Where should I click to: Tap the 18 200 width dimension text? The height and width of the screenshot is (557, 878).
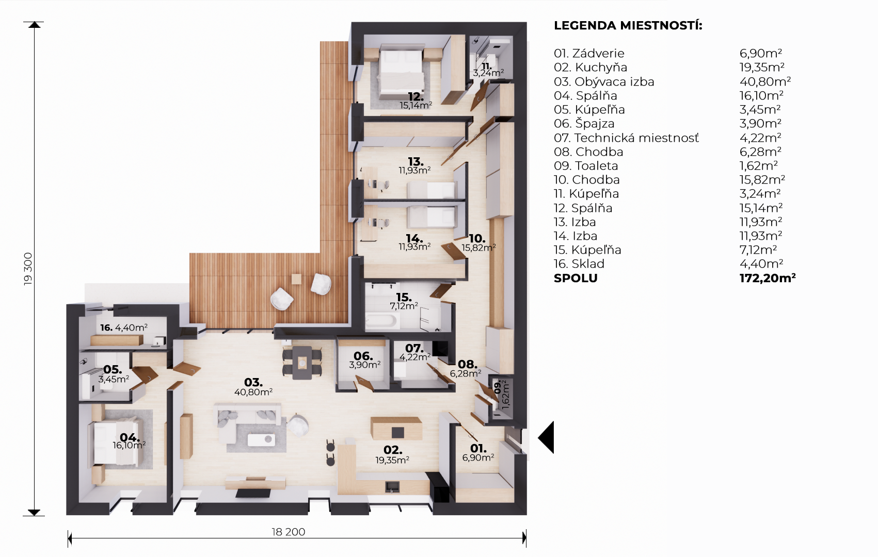(x=288, y=532)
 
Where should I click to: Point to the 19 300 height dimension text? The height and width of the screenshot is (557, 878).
(x=28, y=269)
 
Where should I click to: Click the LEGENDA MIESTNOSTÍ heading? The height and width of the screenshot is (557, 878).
(x=628, y=25)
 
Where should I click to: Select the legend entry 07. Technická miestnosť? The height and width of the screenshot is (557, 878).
(x=626, y=138)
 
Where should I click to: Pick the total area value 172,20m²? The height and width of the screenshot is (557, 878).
(x=768, y=277)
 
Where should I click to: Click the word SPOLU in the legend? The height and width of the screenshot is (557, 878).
(x=576, y=278)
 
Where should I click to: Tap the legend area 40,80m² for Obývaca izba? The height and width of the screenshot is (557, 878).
(x=765, y=81)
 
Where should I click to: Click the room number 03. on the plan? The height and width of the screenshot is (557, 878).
(x=253, y=382)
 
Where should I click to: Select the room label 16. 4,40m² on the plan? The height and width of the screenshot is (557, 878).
(x=124, y=327)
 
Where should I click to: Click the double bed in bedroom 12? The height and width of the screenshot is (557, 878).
(x=401, y=73)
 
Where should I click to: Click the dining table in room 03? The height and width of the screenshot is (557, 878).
(x=302, y=363)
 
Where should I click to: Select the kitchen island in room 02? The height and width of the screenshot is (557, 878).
(x=396, y=429)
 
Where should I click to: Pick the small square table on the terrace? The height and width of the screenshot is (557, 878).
(x=296, y=279)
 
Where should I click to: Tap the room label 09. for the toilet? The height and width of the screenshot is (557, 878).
(x=498, y=388)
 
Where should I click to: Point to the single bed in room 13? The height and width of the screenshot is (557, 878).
(x=431, y=190)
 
